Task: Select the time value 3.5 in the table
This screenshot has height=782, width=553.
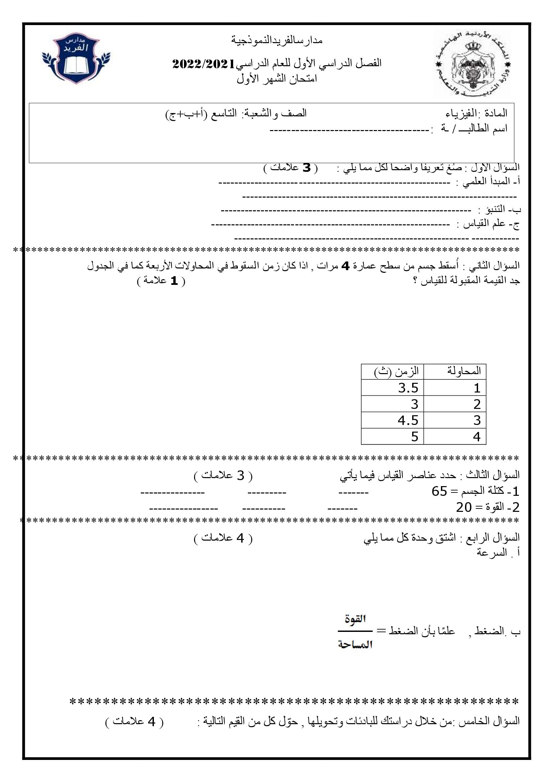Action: click(x=408, y=388)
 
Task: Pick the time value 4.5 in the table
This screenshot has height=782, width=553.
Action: click(x=408, y=420)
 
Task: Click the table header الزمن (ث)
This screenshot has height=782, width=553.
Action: click(x=396, y=371)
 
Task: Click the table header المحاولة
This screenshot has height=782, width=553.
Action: click(x=464, y=371)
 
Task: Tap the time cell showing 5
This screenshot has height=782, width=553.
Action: click(x=414, y=437)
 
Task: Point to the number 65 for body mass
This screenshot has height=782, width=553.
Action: click(x=439, y=491)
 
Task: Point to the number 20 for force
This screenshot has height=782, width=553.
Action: click(x=464, y=507)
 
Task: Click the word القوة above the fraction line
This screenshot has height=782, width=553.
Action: click(x=355, y=619)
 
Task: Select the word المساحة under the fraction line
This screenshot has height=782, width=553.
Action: click(x=355, y=644)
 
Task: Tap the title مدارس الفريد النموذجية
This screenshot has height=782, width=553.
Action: click(x=277, y=40)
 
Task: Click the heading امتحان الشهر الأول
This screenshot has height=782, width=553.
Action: click(x=277, y=79)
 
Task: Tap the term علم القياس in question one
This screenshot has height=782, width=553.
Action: click(x=484, y=224)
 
